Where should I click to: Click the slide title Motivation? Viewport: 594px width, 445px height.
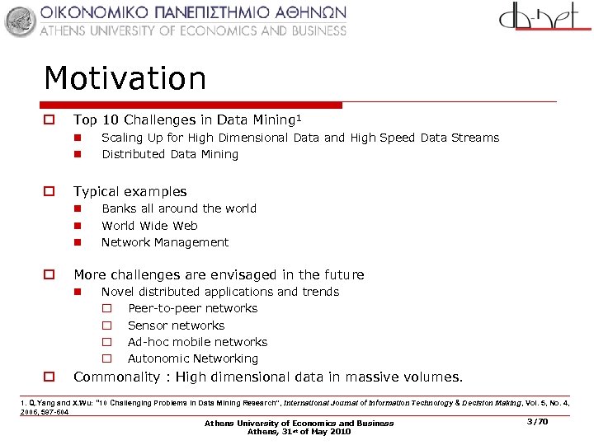(x=125, y=79)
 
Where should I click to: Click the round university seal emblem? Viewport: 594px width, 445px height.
(x=21, y=21)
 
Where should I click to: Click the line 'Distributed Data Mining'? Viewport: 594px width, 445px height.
(x=169, y=154)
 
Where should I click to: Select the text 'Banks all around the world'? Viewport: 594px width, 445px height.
(x=178, y=208)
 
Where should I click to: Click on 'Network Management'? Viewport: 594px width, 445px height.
(x=164, y=242)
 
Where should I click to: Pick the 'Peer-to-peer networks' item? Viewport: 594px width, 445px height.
(x=192, y=308)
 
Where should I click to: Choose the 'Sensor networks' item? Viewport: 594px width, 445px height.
(x=176, y=326)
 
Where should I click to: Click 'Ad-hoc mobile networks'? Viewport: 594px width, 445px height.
(x=197, y=342)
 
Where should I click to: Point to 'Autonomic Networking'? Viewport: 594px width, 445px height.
(x=192, y=358)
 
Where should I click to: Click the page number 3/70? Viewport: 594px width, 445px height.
(x=536, y=421)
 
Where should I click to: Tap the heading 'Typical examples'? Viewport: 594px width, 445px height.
(x=130, y=191)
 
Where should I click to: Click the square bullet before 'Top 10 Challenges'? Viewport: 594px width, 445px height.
(x=49, y=120)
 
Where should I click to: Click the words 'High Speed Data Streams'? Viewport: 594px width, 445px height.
(x=424, y=138)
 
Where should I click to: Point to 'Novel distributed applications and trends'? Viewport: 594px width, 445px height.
(x=219, y=292)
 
